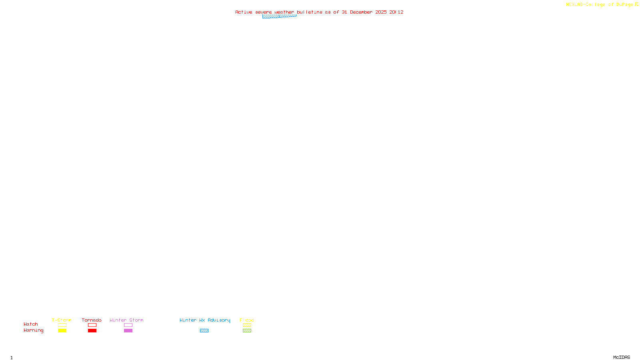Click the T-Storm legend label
[62, 320]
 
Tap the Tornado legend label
[92, 320]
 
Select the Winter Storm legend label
[126, 320]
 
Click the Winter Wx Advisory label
[205, 320]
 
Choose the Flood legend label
[247, 320]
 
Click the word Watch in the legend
[31, 324]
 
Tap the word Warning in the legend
[34, 330]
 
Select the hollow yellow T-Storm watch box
[62, 325]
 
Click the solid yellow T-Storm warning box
[62, 331]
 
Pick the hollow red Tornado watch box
[92, 325]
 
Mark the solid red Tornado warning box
[92, 331]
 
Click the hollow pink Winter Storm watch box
[128, 325]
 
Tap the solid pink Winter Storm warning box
[128, 331]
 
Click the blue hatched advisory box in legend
[204, 331]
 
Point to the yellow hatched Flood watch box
[247, 325]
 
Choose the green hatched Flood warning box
[247, 331]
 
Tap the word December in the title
[361, 12]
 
